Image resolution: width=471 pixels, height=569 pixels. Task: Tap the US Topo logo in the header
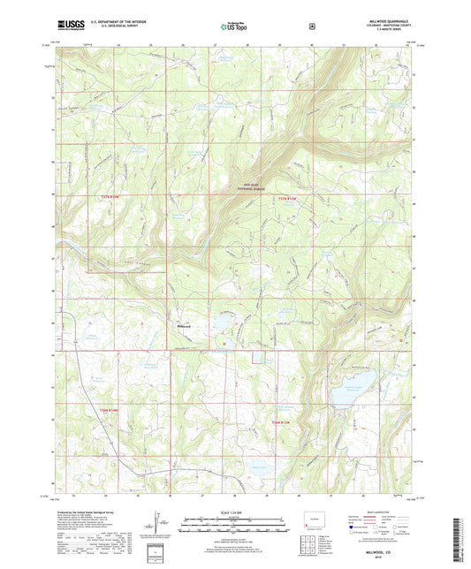point(234,27)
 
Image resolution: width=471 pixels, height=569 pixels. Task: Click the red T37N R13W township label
point(288,197)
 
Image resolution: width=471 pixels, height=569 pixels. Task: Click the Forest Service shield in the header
point(311,27)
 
